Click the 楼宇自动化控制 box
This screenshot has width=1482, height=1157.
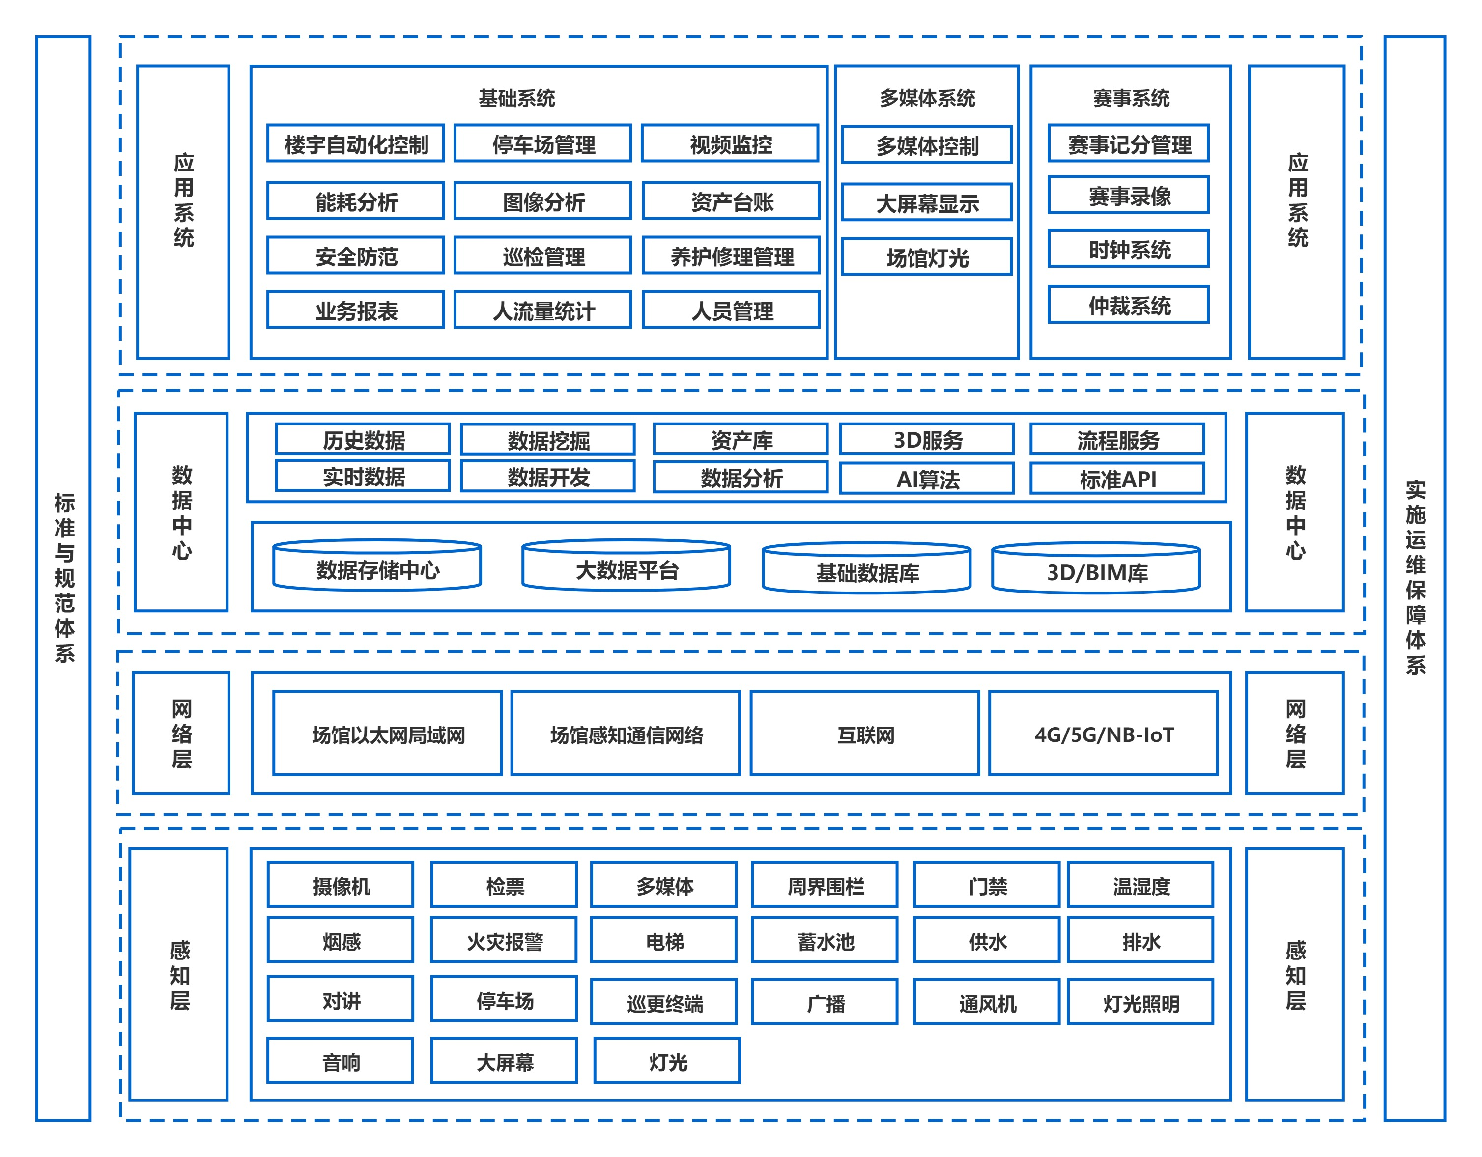tap(356, 143)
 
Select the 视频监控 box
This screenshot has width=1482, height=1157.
tap(730, 143)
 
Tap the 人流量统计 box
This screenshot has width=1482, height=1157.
tap(543, 310)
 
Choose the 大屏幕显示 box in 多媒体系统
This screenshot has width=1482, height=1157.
tap(927, 202)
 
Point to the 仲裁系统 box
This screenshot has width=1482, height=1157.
tap(1129, 305)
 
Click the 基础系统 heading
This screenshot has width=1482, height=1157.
tap(517, 98)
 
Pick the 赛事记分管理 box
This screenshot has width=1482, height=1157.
tap(1129, 143)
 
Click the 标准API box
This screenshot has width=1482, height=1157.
tap(1117, 479)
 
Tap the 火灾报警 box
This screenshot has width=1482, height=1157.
tap(504, 940)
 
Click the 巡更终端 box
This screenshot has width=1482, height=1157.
tap(664, 1002)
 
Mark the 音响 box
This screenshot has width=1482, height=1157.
tap(341, 1061)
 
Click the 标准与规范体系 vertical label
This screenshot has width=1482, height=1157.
tap(64, 577)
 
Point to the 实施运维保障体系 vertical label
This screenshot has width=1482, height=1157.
tap(1416, 577)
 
